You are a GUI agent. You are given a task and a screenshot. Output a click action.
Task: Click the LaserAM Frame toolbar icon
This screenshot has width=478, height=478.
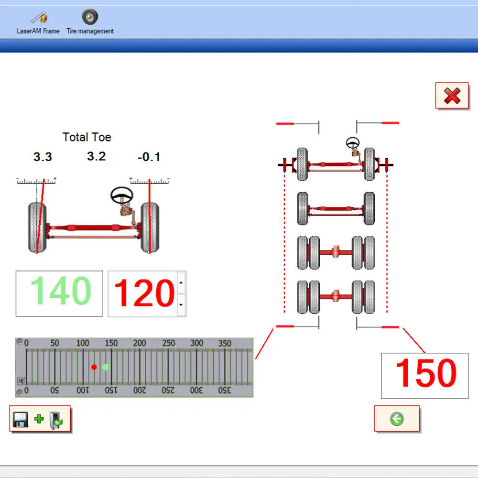[39, 17]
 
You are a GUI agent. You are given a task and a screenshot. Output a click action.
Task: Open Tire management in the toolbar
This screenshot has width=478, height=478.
[90, 17]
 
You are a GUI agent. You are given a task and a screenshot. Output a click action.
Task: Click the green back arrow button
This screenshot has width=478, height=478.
[397, 419]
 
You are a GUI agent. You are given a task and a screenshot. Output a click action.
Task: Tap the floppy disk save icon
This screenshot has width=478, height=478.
[21, 420]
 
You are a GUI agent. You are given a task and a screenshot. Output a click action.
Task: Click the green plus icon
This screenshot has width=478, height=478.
[39, 419]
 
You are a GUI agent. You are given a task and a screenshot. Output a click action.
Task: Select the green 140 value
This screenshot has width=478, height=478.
[61, 291]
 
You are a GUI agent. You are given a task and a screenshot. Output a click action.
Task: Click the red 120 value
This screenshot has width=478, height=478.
[144, 293]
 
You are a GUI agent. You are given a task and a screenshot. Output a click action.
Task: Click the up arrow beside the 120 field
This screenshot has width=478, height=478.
[181, 282]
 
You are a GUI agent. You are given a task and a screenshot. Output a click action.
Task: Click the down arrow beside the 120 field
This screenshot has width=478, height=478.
[181, 304]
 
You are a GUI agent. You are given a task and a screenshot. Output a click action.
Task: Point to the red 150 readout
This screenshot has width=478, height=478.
[426, 373]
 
